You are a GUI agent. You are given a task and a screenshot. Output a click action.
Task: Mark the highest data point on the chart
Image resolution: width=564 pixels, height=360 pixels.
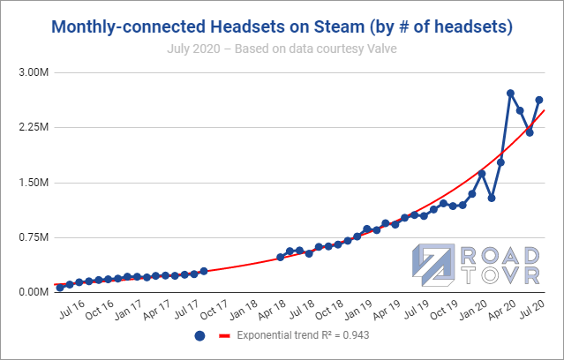coord(511,93)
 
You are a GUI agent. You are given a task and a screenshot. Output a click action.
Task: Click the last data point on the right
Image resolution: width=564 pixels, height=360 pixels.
coord(539,100)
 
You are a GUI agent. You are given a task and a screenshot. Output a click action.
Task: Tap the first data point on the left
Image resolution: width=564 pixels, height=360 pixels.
coord(60,287)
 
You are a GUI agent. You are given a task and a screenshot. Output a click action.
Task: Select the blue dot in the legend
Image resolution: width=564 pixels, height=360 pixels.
coord(199,336)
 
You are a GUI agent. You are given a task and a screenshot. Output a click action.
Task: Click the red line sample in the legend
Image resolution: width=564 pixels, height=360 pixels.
coord(224,336)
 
